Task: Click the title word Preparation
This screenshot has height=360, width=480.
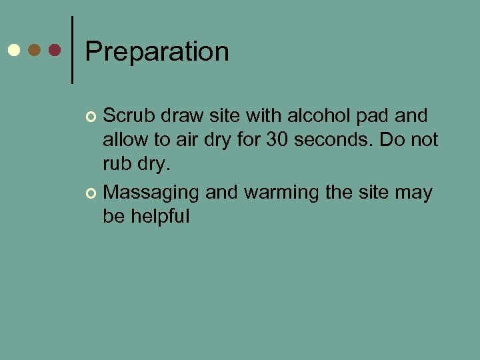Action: [157, 52]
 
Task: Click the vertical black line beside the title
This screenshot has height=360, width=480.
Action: [71, 50]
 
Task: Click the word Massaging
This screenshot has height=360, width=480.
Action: [151, 193]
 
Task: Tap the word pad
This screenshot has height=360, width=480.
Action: [375, 116]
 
